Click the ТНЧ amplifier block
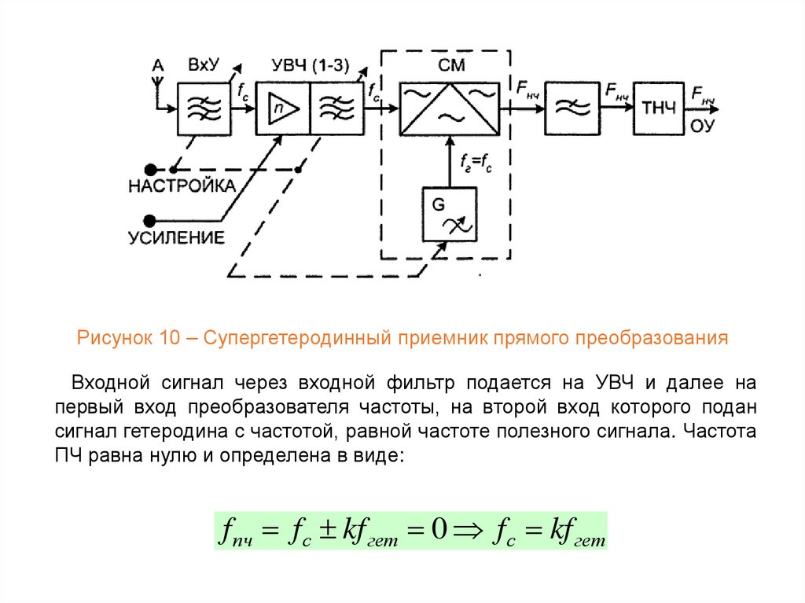[659, 108]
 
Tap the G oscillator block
[449, 215]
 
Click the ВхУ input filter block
[204, 108]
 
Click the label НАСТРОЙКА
[182, 186]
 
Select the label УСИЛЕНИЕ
[176, 237]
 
